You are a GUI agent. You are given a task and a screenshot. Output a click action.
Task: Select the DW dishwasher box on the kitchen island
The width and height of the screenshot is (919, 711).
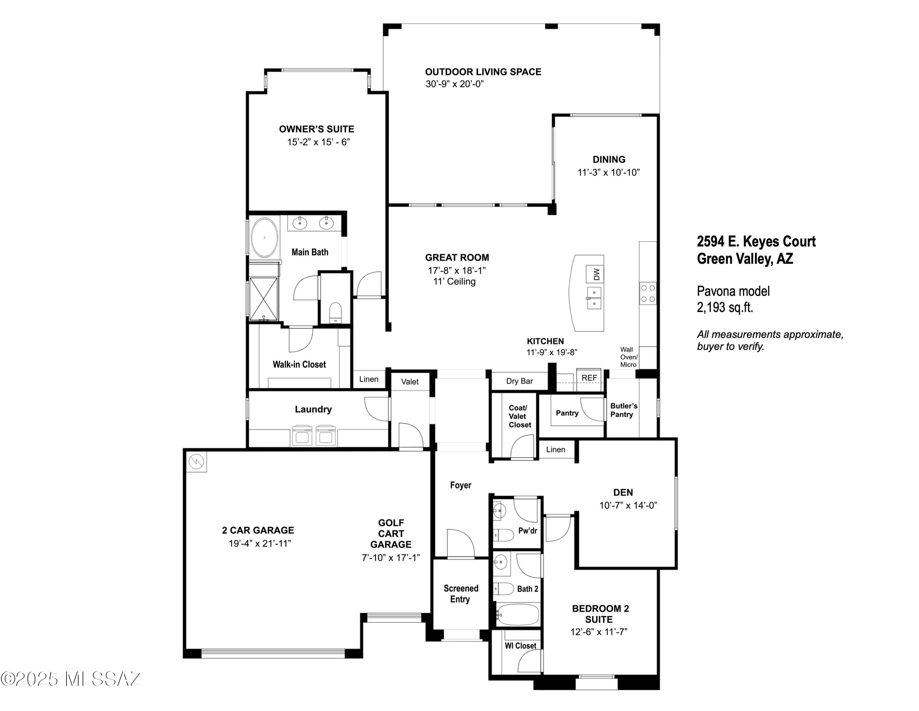pos(596,275)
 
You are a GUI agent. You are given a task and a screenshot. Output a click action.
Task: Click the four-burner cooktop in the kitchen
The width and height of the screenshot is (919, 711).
pos(648,294)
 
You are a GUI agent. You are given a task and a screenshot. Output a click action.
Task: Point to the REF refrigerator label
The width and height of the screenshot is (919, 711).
pos(589,378)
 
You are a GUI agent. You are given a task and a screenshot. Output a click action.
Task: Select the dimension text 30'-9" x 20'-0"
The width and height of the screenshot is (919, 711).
pos(455,84)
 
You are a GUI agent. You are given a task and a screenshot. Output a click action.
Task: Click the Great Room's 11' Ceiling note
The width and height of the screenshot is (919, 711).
pos(455,281)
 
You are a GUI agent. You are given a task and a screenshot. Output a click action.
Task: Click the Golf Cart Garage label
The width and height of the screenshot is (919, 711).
pos(391,534)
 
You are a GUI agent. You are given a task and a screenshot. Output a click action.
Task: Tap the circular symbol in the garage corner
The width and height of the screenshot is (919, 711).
pos(196,462)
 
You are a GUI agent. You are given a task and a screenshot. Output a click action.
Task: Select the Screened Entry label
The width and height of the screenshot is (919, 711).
pos(461,594)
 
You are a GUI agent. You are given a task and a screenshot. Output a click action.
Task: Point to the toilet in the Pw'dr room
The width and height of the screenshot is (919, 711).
pos(504,535)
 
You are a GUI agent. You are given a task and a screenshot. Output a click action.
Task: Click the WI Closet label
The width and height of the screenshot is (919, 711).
pos(520,646)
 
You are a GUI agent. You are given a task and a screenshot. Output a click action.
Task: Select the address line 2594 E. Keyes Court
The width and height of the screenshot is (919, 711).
pos(756,241)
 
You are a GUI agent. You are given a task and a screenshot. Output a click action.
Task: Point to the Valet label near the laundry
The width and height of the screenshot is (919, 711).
pos(410,382)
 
